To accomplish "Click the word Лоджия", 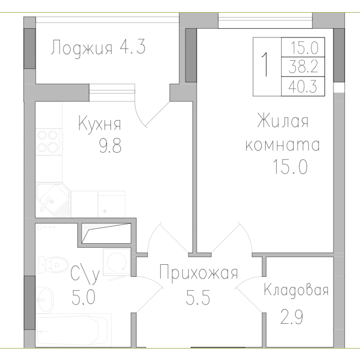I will (x=82, y=47).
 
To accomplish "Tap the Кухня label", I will (x=99, y=123).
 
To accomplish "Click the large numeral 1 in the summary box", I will (x=267, y=66).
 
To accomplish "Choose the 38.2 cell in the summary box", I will (x=303, y=66).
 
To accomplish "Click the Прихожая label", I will (x=198, y=273).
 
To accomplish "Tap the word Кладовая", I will (x=296, y=290).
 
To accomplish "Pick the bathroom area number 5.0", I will (x=84, y=298).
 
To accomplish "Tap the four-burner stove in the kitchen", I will (x=49, y=141).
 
